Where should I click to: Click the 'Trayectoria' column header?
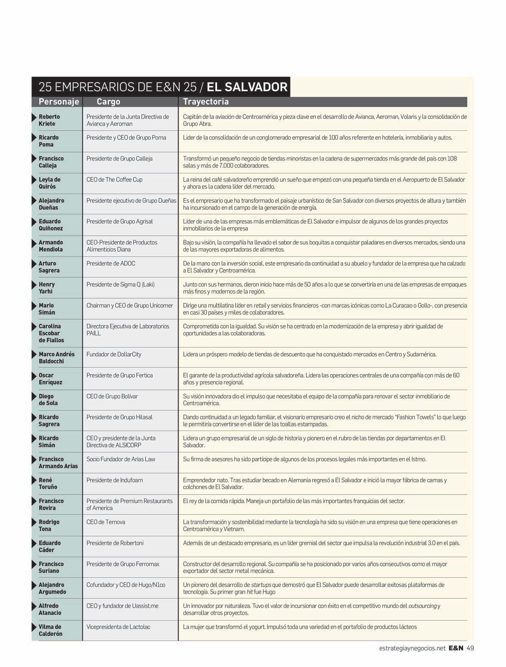tap(206, 102)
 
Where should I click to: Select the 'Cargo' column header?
tap(108, 102)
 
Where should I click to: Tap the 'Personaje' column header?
tap(59, 102)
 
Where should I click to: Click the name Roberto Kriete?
tap(49, 120)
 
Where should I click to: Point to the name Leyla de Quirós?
tap(49, 183)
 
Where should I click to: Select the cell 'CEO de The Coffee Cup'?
tap(115, 180)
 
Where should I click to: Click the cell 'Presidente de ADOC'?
tap(111, 263)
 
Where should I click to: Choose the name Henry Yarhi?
tap(47, 288)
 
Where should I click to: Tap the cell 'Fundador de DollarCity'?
tap(114, 354)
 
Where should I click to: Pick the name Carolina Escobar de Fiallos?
tap(51, 333)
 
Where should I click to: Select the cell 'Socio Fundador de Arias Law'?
tap(121, 459)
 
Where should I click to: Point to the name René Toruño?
tap(48, 484)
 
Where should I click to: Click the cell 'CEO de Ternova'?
tap(106, 522)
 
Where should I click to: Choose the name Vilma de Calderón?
tap(50, 630)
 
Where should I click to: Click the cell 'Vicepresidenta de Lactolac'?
tap(118, 627)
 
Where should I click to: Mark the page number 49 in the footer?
tap(470, 648)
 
